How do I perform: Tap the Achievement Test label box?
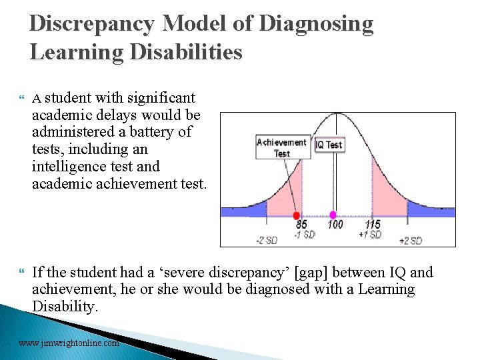(x=282, y=147)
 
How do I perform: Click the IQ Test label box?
(x=329, y=145)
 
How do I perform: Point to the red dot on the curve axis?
(x=297, y=215)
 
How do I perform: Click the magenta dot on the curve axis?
(x=334, y=215)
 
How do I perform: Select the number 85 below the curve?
(x=301, y=225)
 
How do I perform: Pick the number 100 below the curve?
(x=335, y=225)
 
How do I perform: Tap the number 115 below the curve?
(x=372, y=225)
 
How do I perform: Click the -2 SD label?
(x=266, y=241)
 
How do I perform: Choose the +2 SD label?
(x=410, y=241)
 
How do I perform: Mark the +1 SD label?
(x=370, y=234)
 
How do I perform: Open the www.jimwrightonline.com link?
(x=69, y=343)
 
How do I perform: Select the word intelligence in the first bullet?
(x=68, y=166)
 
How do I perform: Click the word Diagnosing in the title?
(x=316, y=24)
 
